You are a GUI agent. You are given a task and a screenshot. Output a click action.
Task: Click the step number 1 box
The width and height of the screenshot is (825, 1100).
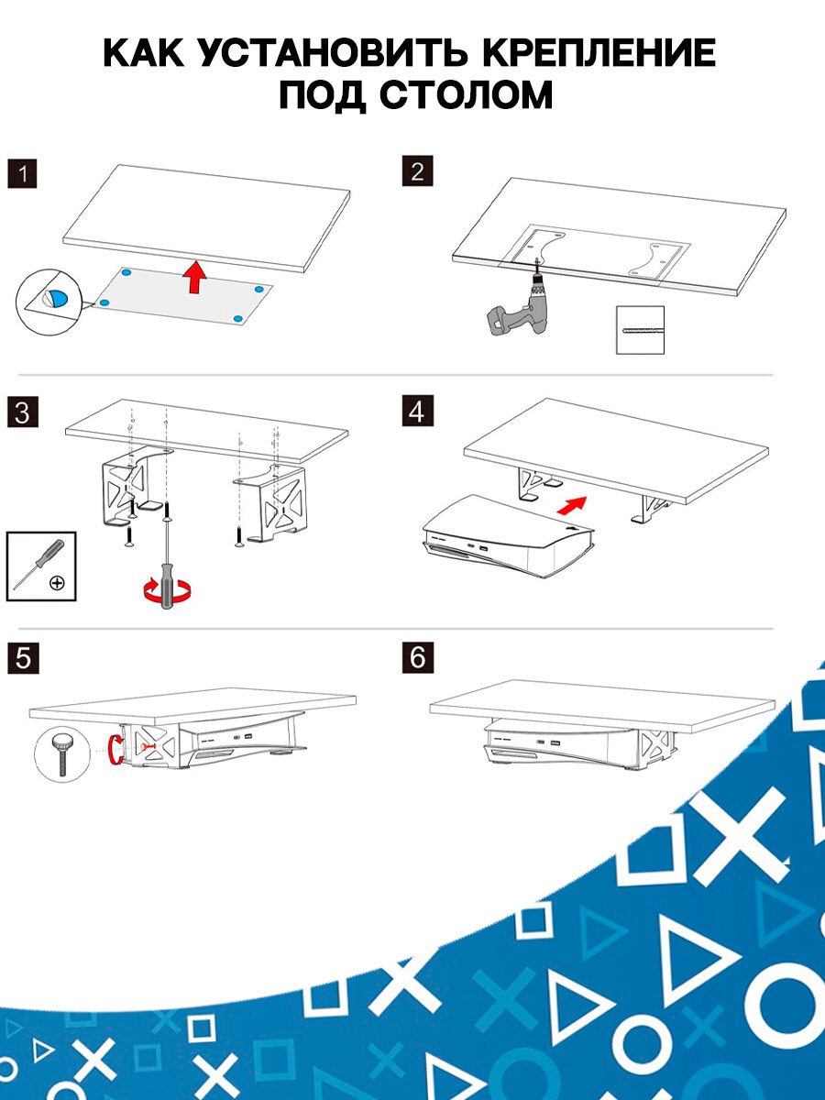point(22,174)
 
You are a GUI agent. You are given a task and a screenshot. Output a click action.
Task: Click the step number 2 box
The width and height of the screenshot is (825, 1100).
point(417,171)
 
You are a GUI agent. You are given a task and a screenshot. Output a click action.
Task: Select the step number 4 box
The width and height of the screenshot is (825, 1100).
point(417,412)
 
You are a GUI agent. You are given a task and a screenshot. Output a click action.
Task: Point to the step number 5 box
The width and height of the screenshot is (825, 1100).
point(22,659)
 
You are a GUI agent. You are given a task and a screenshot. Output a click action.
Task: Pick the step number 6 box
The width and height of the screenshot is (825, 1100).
point(417,659)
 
